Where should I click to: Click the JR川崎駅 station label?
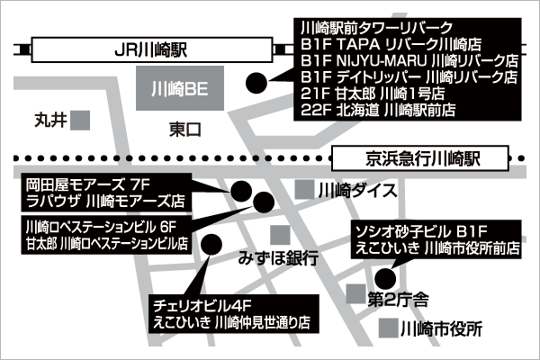coord(151,50)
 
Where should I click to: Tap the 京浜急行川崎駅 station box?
coord(420,158)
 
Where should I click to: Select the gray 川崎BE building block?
coord(180,88)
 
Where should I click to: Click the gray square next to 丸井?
coord(80,121)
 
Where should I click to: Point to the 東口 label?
coord(184,130)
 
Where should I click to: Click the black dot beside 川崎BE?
coord(256,83)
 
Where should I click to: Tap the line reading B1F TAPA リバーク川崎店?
coord(391,44)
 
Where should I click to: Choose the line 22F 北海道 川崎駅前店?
coord(378,110)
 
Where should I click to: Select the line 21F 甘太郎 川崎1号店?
coord(373,94)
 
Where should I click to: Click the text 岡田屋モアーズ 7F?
coord(88,185)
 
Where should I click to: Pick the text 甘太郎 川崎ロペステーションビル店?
coord(107,244)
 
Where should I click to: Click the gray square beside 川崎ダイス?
coord(304,190)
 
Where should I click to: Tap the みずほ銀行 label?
coord(278,258)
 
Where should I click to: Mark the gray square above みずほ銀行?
coord(280,235)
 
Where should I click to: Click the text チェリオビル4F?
coord(202,306)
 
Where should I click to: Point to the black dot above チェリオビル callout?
coord(211,245)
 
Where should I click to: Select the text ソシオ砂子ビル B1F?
coord(421,231)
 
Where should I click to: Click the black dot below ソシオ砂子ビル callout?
coord(385,278)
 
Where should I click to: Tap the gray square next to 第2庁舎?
coord(355,294)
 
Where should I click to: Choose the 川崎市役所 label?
coord(441,329)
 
